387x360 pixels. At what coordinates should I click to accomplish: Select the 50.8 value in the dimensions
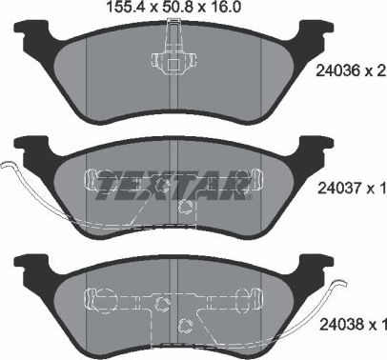point(168,8)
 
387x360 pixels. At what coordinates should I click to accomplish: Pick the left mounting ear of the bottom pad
point(29,267)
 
